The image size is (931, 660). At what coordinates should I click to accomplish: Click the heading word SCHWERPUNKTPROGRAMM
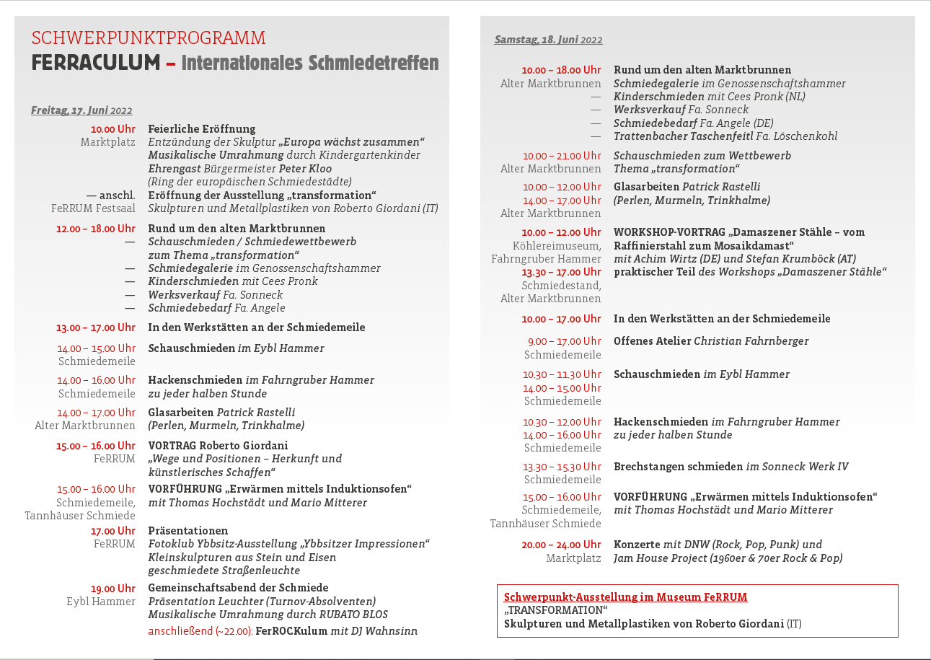149,38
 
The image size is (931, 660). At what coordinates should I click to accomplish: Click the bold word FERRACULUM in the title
95,63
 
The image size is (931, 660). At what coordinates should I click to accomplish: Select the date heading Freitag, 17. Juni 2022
81,110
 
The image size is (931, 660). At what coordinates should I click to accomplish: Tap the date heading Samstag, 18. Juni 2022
548,40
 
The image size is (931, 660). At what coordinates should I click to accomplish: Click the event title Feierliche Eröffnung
202,129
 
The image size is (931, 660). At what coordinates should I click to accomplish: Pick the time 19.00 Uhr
112,589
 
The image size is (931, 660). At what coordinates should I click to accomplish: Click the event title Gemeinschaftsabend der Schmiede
238,588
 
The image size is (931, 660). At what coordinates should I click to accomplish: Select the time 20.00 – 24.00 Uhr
561,545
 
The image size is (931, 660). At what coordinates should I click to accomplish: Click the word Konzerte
637,545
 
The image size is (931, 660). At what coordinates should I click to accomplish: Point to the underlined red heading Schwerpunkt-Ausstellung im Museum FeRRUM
625,597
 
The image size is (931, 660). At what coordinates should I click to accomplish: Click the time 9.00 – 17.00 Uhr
564,341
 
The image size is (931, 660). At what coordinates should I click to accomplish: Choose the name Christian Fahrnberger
751,341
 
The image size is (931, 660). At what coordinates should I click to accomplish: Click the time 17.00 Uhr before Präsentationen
112,531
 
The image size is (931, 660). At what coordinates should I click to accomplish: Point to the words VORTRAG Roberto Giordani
218,446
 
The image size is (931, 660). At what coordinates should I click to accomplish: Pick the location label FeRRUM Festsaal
93,208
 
